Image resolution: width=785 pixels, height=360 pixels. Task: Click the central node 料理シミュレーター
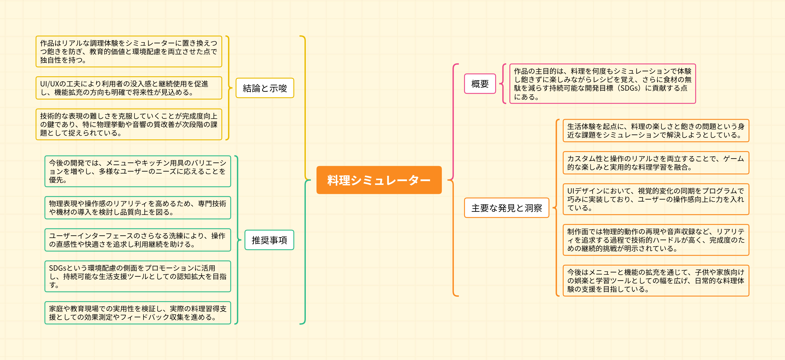tap(379, 180)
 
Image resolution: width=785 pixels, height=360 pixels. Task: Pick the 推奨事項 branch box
tap(269, 240)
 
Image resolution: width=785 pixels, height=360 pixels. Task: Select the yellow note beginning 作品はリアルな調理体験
tap(129, 52)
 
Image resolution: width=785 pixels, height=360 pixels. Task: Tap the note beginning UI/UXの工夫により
tap(129, 88)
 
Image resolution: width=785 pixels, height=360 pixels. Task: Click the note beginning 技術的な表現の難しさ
tap(129, 124)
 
